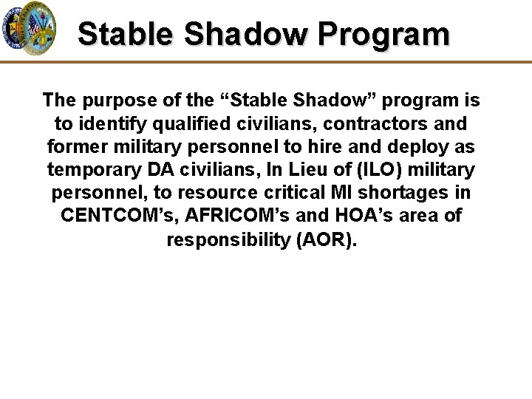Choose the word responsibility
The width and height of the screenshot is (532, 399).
[229, 241]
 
